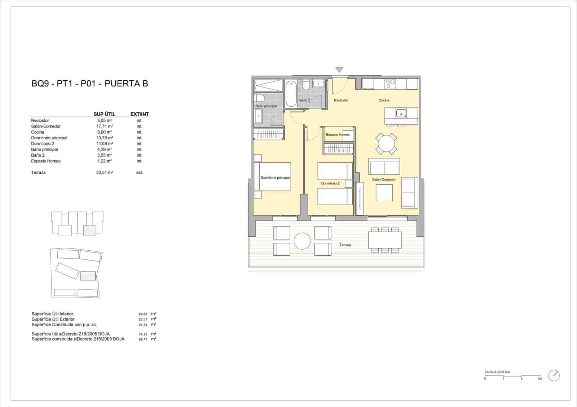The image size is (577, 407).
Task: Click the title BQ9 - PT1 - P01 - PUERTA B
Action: tap(90, 84)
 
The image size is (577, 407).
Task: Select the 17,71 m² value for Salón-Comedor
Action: tap(105, 126)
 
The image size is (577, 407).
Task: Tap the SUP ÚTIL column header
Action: tap(104, 114)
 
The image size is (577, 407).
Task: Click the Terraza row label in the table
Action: tap(38, 173)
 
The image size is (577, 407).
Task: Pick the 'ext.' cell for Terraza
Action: tap(140, 173)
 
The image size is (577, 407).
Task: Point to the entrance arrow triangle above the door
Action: tap(339, 70)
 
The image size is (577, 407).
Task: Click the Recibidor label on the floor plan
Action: tap(341, 100)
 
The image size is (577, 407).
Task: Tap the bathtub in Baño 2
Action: tap(291, 94)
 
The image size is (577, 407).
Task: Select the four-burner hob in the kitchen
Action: tap(391, 84)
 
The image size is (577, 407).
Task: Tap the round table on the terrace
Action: tap(302, 241)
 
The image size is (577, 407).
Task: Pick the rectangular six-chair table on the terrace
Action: tap(385, 240)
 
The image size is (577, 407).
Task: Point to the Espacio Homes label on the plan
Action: tap(338, 135)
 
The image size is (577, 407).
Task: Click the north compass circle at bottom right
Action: tap(554, 375)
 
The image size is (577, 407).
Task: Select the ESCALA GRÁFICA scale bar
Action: tap(513, 376)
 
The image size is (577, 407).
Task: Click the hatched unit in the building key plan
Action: tap(89, 230)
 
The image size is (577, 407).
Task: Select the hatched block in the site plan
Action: tap(88, 276)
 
